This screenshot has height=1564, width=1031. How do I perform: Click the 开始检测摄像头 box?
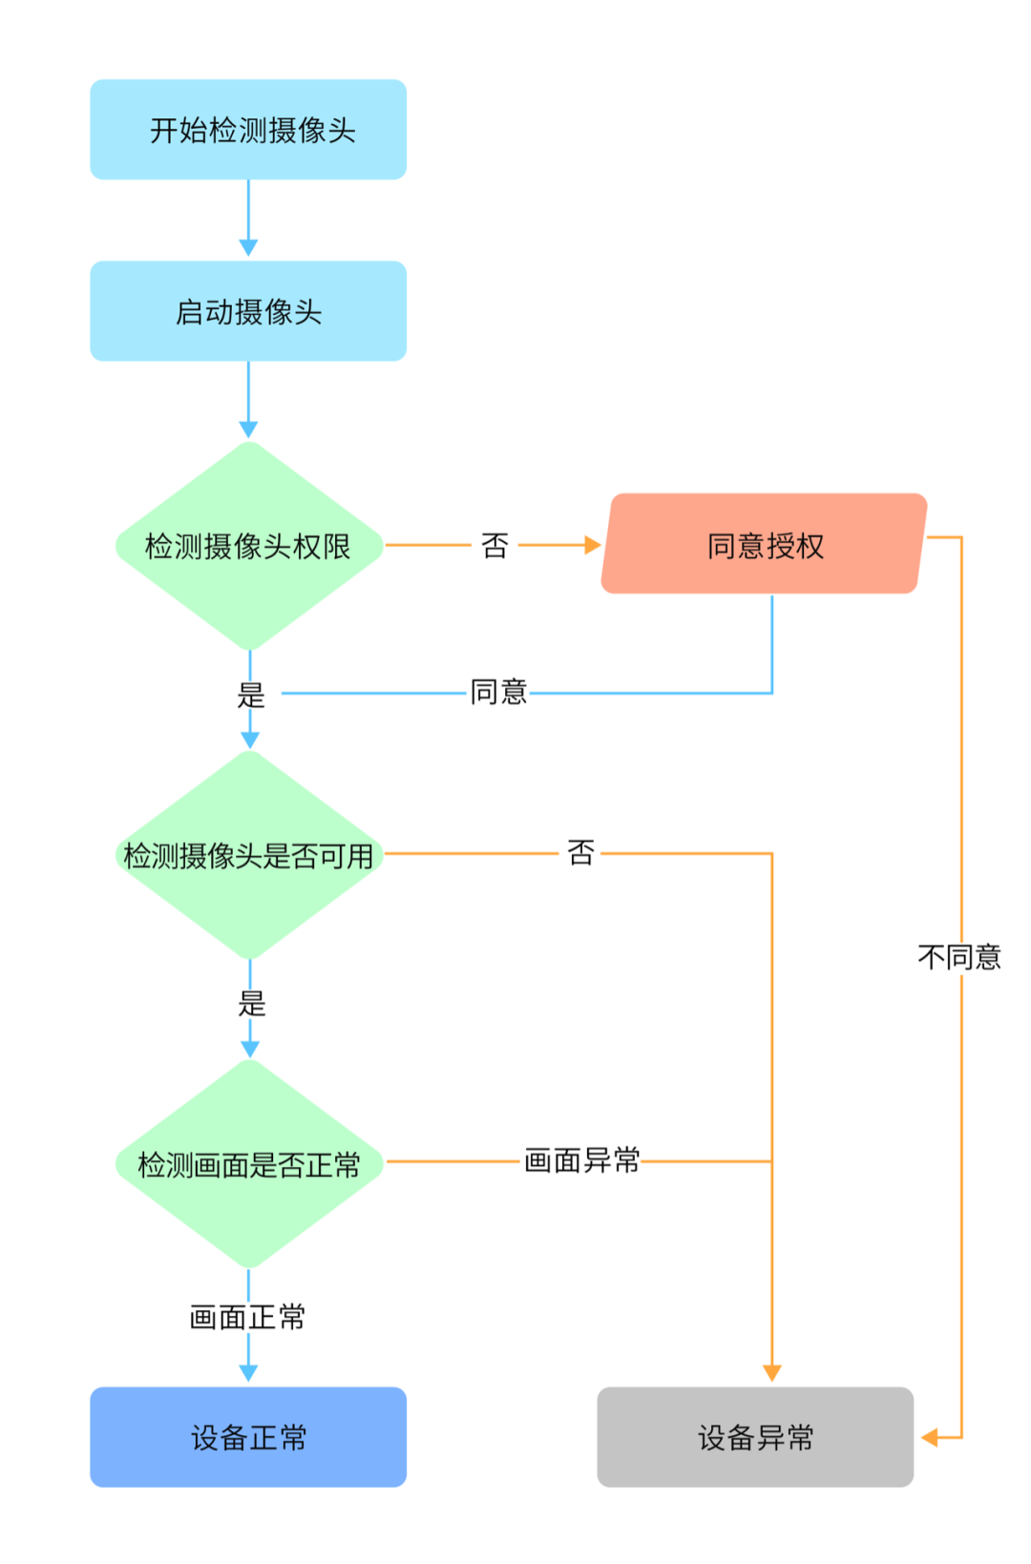[x=248, y=130]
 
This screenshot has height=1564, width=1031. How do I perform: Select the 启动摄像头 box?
[x=248, y=311]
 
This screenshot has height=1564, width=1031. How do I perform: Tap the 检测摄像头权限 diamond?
[x=248, y=546]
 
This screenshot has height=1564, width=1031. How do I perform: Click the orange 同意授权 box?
[x=764, y=544]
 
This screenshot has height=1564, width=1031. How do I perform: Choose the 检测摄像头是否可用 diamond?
[x=248, y=855]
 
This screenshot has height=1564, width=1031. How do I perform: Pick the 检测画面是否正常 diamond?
[x=248, y=1164]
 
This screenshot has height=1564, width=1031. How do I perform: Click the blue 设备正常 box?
[x=248, y=1436]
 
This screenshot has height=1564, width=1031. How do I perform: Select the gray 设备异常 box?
[x=755, y=1436]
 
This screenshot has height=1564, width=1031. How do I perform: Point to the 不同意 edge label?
[x=959, y=956]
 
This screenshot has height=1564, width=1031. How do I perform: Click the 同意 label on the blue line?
[x=498, y=692]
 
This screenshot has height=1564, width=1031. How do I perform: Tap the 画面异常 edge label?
[x=582, y=1160]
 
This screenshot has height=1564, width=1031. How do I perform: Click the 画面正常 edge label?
[x=248, y=1317]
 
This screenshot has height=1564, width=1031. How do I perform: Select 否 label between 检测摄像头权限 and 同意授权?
[x=494, y=545]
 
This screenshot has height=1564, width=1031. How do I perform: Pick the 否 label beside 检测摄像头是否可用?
[x=580, y=852]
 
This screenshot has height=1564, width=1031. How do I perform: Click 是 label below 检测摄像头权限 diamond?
[x=251, y=695]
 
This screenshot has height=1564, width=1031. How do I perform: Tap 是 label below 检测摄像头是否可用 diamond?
[x=251, y=1003]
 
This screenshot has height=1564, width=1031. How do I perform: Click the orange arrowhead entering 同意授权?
[x=593, y=545]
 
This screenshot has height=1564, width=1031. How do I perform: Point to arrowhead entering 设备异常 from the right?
[x=929, y=1437]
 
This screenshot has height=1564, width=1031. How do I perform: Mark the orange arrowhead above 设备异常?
[x=772, y=1373]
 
